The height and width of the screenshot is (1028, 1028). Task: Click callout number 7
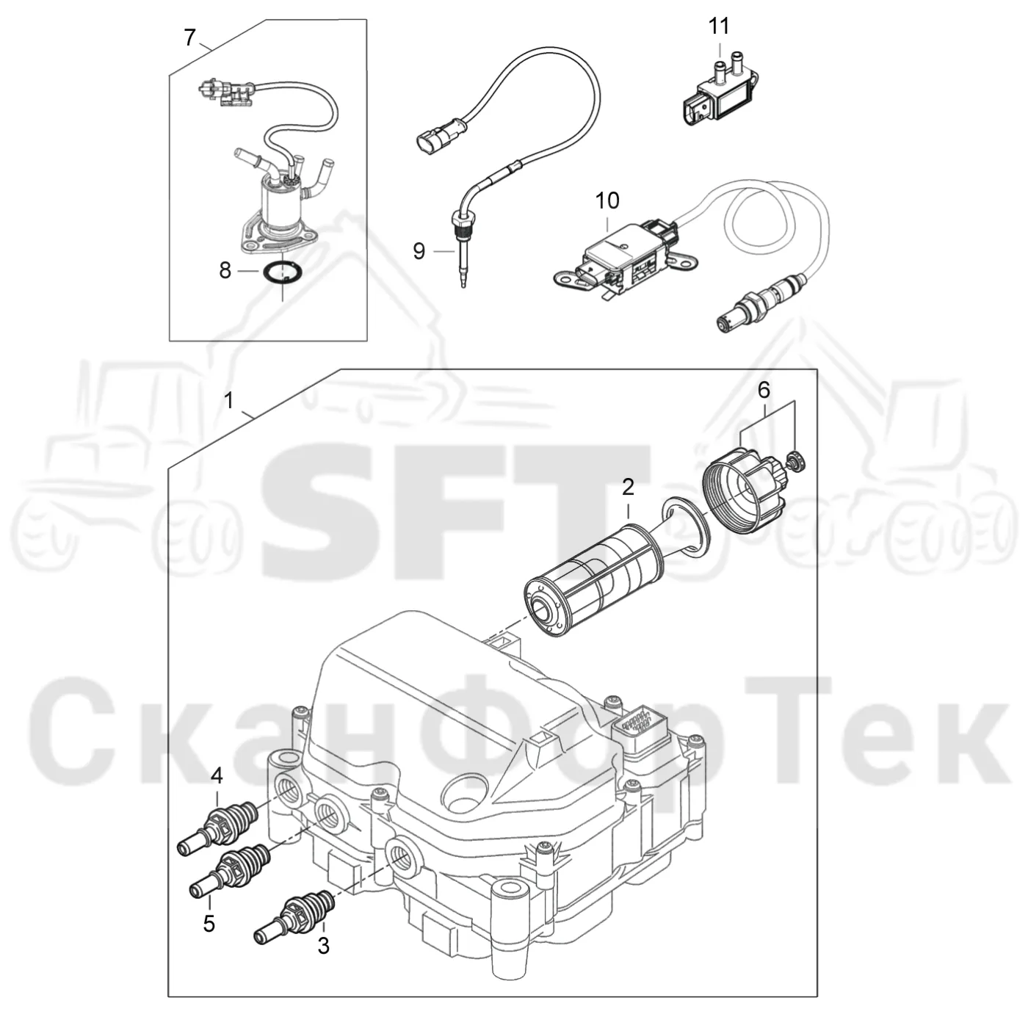[x=190, y=38]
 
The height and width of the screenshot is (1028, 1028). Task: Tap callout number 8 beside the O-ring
[x=225, y=271]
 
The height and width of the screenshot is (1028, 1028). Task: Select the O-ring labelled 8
[x=282, y=274]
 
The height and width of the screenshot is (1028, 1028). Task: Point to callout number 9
[x=419, y=251]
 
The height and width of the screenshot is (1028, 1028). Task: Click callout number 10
[x=607, y=200]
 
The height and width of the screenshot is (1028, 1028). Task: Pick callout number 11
[x=719, y=26]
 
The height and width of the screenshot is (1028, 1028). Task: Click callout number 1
[x=229, y=401]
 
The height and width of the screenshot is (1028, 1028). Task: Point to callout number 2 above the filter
[x=628, y=487]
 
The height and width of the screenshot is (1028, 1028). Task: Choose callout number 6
[x=764, y=391]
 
